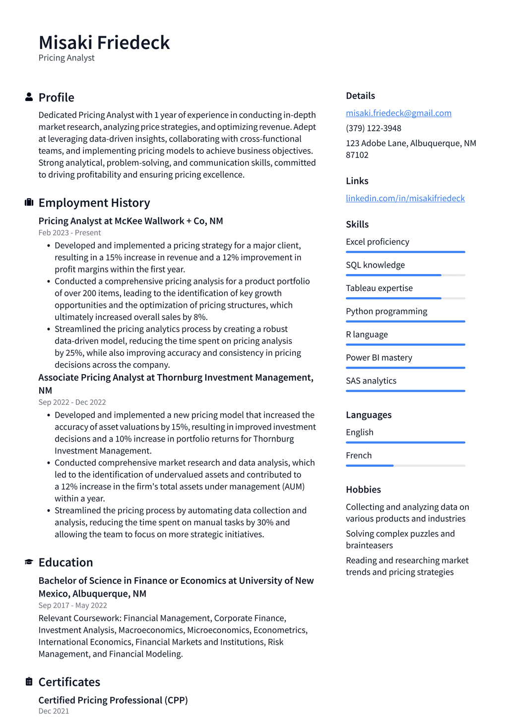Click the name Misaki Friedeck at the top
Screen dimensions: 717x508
tap(104, 43)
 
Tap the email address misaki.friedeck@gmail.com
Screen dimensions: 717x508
tap(398, 113)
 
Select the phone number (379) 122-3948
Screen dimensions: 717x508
tap(374, 128)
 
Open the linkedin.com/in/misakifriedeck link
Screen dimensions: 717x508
tap(405, 198)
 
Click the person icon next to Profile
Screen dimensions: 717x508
tap(29, 97)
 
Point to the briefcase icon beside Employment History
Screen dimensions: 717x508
tap(29, 202)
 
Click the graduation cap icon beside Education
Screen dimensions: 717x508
tap(29, 562)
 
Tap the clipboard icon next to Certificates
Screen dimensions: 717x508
tap(29, 682)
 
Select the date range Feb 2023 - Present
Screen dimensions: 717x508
tap(69, 232)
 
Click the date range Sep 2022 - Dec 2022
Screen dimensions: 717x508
tap(72, 402)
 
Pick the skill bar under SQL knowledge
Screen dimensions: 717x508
tap(405, 275)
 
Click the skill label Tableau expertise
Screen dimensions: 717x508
tap(379, 288)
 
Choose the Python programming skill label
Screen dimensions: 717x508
tap(386, 311)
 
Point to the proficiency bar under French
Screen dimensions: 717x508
tap(405, 466)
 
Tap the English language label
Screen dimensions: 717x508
tap(360, 432)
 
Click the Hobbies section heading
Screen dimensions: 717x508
tap(363, 490)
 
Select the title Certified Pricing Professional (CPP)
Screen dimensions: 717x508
tap(113, 700)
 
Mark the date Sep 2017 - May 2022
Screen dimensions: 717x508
tap(72, 605)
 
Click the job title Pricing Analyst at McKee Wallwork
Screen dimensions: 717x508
tap(130, 221)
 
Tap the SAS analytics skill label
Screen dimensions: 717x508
tap(371, 381)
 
